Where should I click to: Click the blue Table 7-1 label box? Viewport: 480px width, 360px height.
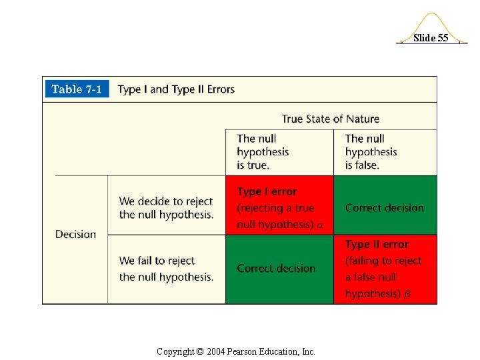[76, 89]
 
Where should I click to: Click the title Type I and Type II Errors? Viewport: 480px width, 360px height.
[176, 89]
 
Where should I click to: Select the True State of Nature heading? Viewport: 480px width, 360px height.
[330, 119]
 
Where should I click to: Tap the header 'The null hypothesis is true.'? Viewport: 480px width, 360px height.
[263, 151]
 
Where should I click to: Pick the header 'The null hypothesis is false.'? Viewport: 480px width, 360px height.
[371, 151]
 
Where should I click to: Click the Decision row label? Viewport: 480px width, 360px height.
[75, 234]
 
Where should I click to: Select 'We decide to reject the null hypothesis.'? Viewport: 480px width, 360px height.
[166, 207]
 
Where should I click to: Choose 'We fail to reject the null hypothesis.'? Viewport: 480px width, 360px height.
[166, 269]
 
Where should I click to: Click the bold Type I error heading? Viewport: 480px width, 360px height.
[267, 191]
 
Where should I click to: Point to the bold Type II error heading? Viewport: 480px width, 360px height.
[377, 245]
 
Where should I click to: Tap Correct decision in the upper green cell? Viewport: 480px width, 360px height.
[384, 207]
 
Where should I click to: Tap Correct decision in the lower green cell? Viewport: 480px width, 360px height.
[276, 268]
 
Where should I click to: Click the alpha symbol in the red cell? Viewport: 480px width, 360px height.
[319, 225]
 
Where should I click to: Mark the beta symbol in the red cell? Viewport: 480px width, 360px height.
[407, 294]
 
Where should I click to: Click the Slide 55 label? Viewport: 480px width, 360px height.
[431, 38]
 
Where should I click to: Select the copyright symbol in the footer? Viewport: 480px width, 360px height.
[200, 351]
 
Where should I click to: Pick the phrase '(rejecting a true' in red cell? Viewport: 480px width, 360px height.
[275, 208]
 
